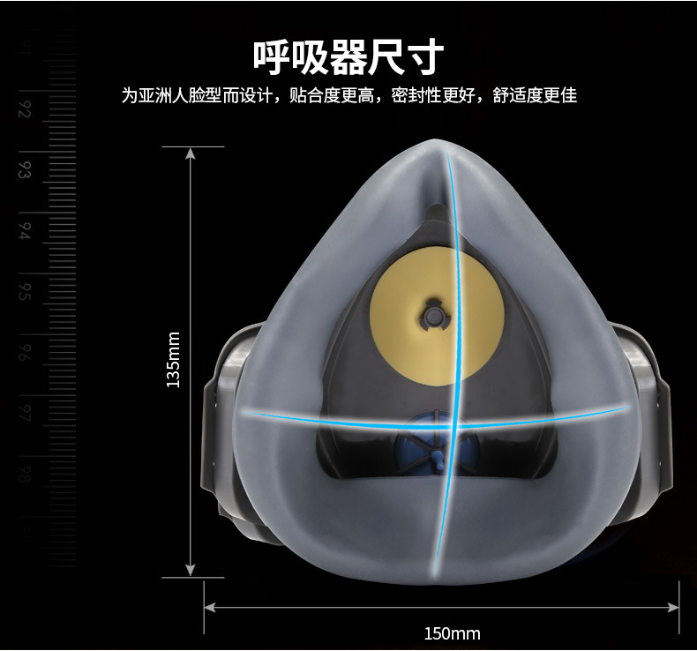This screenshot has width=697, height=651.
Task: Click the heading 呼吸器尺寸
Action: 348,56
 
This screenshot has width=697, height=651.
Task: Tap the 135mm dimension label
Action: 173,359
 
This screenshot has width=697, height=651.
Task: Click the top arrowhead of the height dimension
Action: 190,153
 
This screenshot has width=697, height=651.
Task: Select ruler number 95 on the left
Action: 25,291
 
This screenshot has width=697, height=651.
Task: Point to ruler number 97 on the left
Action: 25,412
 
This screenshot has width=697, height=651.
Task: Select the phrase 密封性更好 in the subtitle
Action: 435,95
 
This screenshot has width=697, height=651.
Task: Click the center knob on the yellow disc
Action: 436,315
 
